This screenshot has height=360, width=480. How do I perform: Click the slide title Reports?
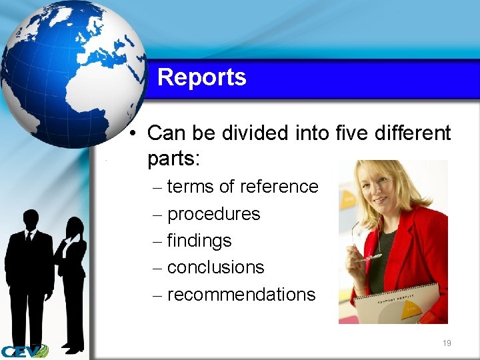tap(201, 77)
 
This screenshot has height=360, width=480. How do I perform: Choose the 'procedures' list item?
tap(213, 214)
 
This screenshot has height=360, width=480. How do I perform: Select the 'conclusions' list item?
tap(215, 267)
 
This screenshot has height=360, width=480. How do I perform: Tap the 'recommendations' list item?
tap(241, 295)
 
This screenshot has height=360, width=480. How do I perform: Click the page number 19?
tap(447, 343)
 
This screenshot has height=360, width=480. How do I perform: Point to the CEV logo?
tap(25, 351)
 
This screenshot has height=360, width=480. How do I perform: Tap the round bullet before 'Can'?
tap(134, 133)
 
